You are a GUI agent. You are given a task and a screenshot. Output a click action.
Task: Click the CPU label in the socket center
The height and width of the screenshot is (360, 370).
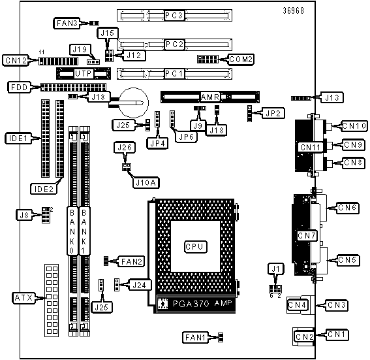(195, 247)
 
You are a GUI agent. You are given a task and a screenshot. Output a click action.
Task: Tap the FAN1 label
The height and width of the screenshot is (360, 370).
(195, 337)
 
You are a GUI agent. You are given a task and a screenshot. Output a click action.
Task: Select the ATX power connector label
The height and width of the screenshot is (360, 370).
(23, 298)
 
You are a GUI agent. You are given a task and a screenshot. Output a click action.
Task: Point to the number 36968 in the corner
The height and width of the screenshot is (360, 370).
(293, 10)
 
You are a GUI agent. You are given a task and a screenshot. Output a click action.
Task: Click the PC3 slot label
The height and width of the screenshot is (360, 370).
(174, 16)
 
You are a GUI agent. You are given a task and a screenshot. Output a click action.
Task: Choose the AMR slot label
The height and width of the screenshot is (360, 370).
(210, 97)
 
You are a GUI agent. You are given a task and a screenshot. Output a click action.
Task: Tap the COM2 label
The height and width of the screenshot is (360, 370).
(241, 59)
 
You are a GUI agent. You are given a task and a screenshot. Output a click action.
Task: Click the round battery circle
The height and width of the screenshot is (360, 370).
(134, 103)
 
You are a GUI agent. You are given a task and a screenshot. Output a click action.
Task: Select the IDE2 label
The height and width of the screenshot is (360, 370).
(44, 189)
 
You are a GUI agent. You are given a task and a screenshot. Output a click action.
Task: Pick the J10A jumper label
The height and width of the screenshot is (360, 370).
(146, 182)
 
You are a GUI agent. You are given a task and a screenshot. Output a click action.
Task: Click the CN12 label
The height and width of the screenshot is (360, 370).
(16, 61)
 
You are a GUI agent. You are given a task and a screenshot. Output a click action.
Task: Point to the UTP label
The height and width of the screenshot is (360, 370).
(83, 74)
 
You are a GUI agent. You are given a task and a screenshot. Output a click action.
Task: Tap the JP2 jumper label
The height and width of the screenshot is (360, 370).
(273, 114)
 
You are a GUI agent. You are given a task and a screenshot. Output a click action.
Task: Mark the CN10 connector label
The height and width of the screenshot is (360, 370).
(354, 126)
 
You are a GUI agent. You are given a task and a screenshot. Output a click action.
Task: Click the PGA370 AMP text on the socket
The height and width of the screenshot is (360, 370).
(202, 303)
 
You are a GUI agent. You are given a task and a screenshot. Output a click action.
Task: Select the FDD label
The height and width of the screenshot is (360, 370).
(20, 88)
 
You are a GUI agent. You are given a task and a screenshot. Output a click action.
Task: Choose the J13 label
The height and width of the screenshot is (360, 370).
(331, 97)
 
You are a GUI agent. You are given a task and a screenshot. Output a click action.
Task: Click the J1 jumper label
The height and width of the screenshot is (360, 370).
(275, 269)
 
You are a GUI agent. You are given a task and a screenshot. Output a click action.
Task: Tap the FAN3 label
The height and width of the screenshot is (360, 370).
(67, 23)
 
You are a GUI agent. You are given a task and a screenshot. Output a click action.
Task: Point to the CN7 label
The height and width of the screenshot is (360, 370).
(307, 235)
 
